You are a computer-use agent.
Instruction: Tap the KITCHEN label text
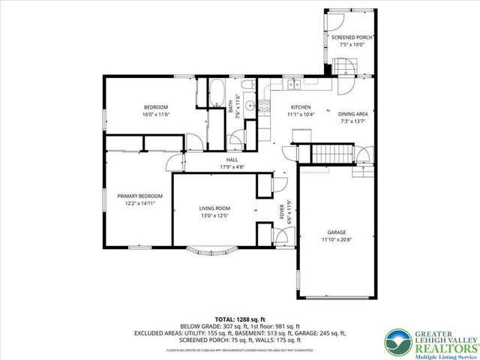(x=301, y=107)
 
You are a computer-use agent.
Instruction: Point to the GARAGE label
(x=336, y=232)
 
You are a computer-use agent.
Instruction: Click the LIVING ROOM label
(x=214, y=208)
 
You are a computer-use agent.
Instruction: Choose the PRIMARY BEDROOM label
(x=140, y=196)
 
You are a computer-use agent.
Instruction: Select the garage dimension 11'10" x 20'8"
(x=336, y=239)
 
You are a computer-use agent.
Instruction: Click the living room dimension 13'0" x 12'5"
(x=214, y=216)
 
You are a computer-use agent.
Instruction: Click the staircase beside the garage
(x=331, y=154)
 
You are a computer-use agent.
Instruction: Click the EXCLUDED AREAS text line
(x=240, y=331)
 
